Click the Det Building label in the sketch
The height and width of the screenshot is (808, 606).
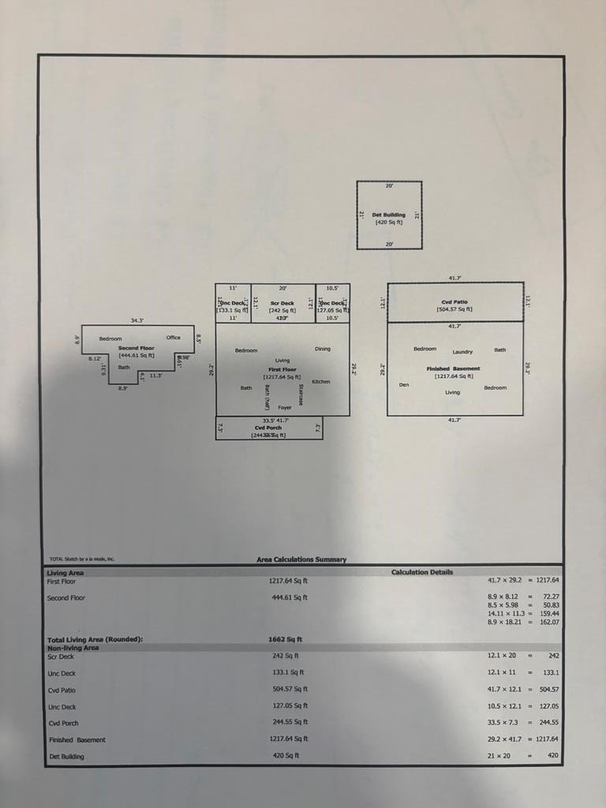point(388,215)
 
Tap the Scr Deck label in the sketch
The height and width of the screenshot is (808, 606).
point(282,303)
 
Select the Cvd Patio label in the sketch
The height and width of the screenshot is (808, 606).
point(454,302)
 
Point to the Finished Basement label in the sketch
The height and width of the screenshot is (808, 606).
point(453,368)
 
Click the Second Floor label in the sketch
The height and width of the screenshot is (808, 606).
point(137,348)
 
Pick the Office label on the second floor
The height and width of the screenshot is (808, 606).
point(173,338)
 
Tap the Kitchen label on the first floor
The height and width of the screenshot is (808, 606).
point(321,382)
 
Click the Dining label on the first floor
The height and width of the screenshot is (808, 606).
point(323,349)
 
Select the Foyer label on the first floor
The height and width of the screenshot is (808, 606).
point(285,407)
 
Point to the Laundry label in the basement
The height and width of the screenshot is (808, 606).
point(462,352)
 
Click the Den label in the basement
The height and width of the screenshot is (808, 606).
point(404,385)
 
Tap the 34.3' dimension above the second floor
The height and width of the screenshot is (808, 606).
point(137,320)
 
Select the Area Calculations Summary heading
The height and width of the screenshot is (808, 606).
point(301,559)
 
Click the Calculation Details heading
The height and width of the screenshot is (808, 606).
point(422,572)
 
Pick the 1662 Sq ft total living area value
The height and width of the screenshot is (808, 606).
point(286,639)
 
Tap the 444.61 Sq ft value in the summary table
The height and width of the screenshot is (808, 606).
point(290,597)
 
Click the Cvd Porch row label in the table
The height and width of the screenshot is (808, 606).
point(63,723)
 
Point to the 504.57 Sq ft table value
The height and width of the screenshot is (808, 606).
point(289,690)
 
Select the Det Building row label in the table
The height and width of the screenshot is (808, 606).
point(65,757)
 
